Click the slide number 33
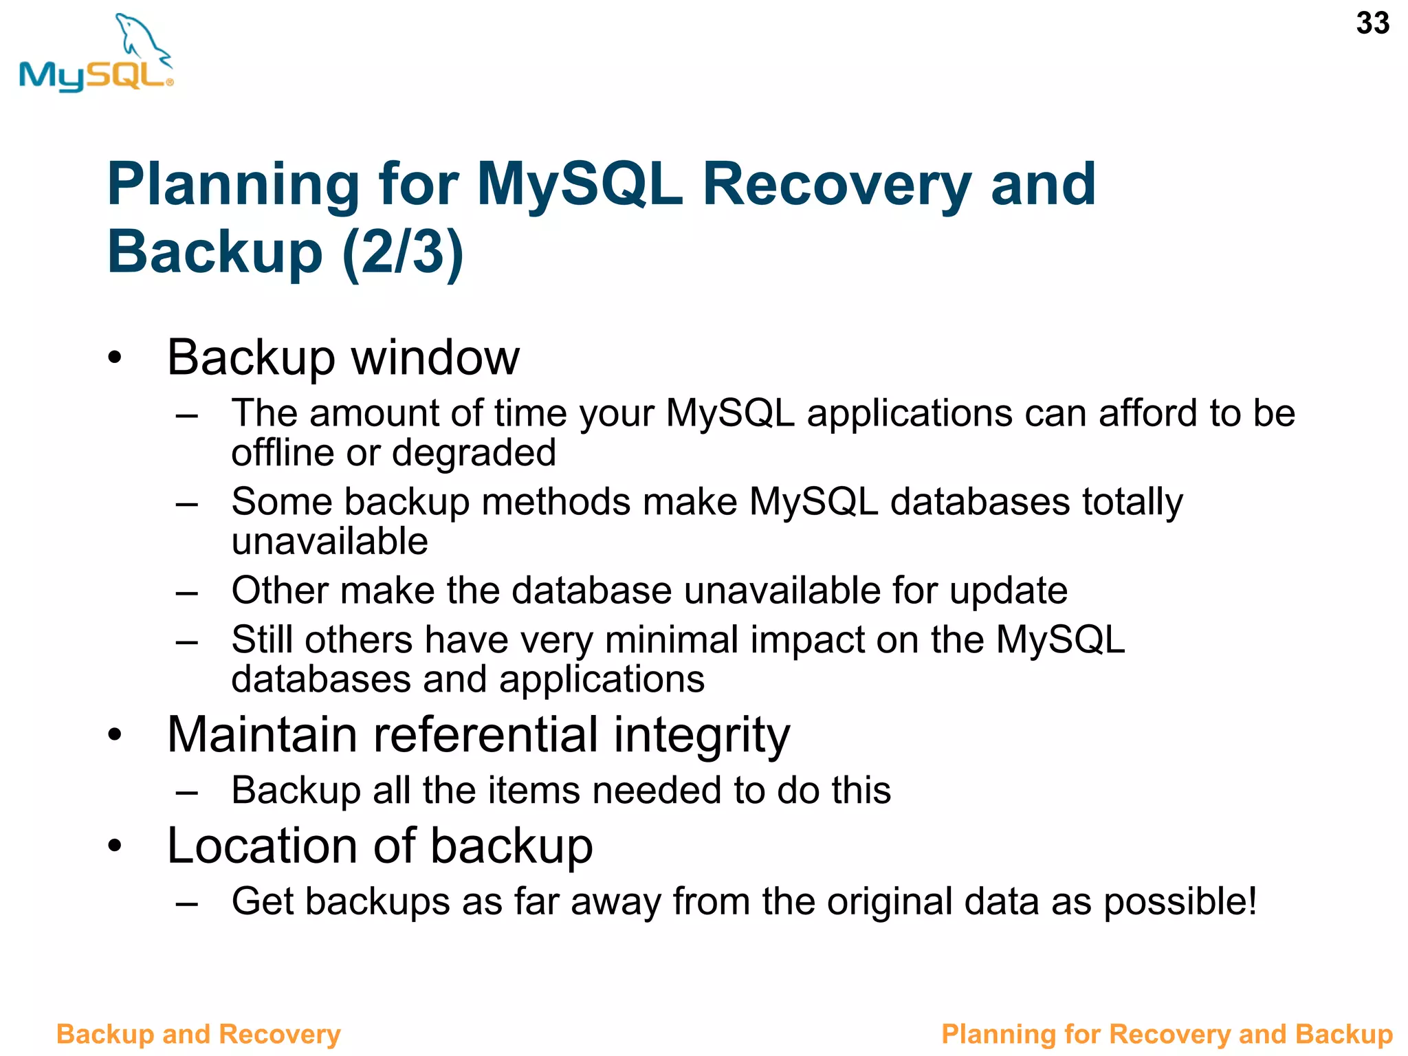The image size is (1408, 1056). pyautogui.click(x=1372, y=23)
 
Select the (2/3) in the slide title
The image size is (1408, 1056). pyautogui.click(x=403, y=252)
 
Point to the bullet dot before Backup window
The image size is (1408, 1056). pyautogui.click(x=114, y=358)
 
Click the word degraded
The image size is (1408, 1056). pyautogui.click(x=474, y=453)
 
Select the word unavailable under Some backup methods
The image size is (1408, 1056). pyautogui.click(x=329, y=541)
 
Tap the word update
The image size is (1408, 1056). pyautogui.click(x=1008, y=591)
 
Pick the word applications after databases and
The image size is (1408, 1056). pyautogui.click(x=602, y=679)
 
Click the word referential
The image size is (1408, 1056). pyautogui.click(x=485, y=735)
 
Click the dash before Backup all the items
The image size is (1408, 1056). pyautogui.click(x=186, y=792)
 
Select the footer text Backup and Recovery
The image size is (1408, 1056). pyautogui.click(x=198, y=1034)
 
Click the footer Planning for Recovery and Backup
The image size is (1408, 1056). pyautogui.click(x=1166, y=1034)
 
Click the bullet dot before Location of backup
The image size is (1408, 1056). pyautogui.click(x=114, y=846)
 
